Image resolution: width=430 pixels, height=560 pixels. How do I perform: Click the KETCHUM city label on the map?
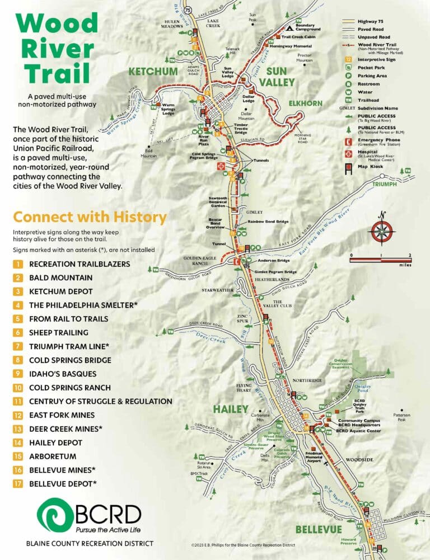(x=154, y=72)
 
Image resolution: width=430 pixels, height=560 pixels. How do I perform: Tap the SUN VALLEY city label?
(x=280, y=76)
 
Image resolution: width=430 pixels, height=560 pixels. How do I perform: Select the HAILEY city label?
(x=230, y=410)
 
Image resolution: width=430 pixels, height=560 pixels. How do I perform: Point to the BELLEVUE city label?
(x=319, y=529)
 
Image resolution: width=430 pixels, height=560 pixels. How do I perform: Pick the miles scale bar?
(x=381, y=260)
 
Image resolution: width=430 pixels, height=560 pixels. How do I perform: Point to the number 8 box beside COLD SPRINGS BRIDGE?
(x=18, y=360)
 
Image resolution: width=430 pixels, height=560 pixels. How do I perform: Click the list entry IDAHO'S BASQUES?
(x=62, y=374)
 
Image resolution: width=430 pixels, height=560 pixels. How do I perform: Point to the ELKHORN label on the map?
(x=305, y=103)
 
